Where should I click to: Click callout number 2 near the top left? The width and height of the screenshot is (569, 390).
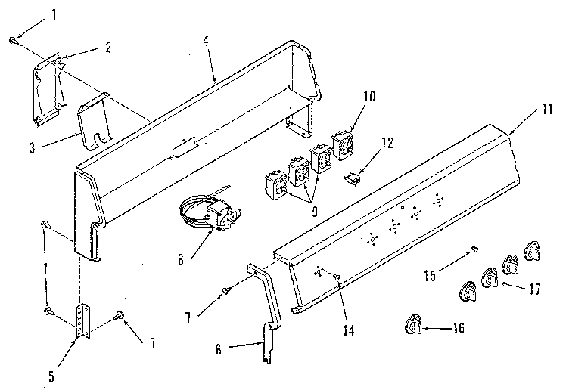pyautogui.click(x=108, y=47)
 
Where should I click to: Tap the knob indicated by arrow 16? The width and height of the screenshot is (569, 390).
pyautogui.click(x=415, y=325)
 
